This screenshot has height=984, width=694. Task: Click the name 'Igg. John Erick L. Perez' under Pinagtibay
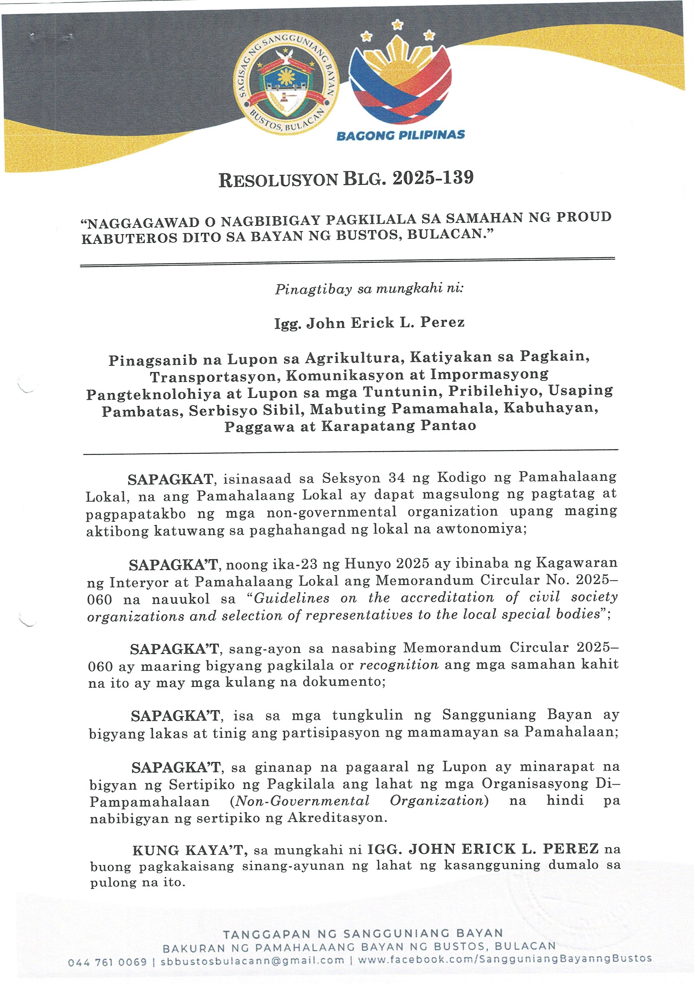click(369, 322)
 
